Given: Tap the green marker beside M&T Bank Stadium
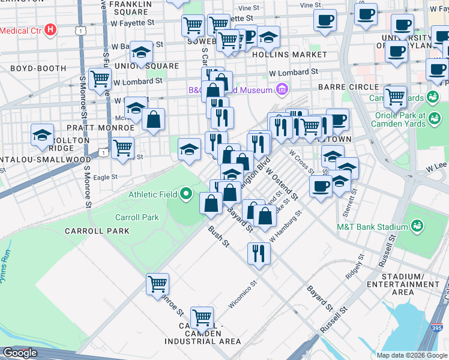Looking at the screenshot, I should tap(416, 226).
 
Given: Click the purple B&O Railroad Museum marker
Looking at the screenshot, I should tap(282, 91).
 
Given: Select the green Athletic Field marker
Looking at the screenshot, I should tap(186, 194).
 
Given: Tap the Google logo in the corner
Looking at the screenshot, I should tap(20, 353).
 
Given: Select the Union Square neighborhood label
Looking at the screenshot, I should tap(150, 66).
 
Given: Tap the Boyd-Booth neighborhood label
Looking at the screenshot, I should tap(38, 68).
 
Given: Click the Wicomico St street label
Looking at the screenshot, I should tap(243, 294).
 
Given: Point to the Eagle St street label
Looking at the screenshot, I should tap(105, 177).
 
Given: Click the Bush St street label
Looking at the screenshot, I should tap(219, 236).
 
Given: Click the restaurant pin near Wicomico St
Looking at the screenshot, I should tap(259, 252).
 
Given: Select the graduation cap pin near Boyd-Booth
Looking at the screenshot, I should tap(43, 135).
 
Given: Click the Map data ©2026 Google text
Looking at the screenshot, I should tap(412, 355).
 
